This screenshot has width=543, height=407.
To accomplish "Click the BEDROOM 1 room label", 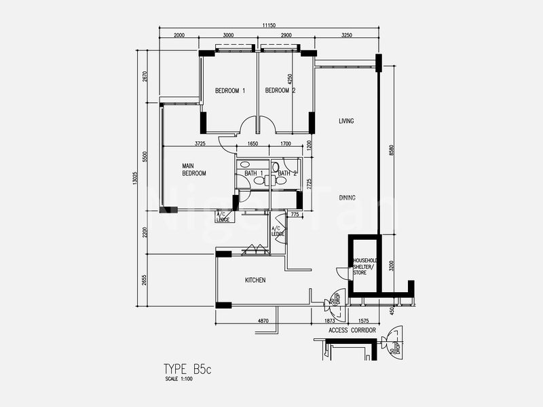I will click(x=229, y=91).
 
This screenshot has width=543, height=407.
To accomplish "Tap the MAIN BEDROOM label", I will click(x=193, y=170).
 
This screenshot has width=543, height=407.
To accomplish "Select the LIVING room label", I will click(x=347, y=121).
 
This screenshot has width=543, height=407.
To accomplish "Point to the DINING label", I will click(x=347, y=198).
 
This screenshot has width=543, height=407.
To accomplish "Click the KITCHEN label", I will click(x=255, y=280).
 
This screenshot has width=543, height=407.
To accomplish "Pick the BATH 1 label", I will click(x=253, y=173).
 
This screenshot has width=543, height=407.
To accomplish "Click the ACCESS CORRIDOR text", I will click(x=352, y=330).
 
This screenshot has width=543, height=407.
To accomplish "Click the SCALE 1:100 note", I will click(x=179, y=379).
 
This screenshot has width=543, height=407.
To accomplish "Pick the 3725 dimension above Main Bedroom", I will click(x=200, y=143).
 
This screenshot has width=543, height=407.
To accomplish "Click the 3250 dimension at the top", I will click(x=346, y=35).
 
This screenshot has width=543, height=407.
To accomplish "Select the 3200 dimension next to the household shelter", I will click(x=391, y=265).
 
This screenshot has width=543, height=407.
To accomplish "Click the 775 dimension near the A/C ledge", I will click(x=293, y=215).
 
